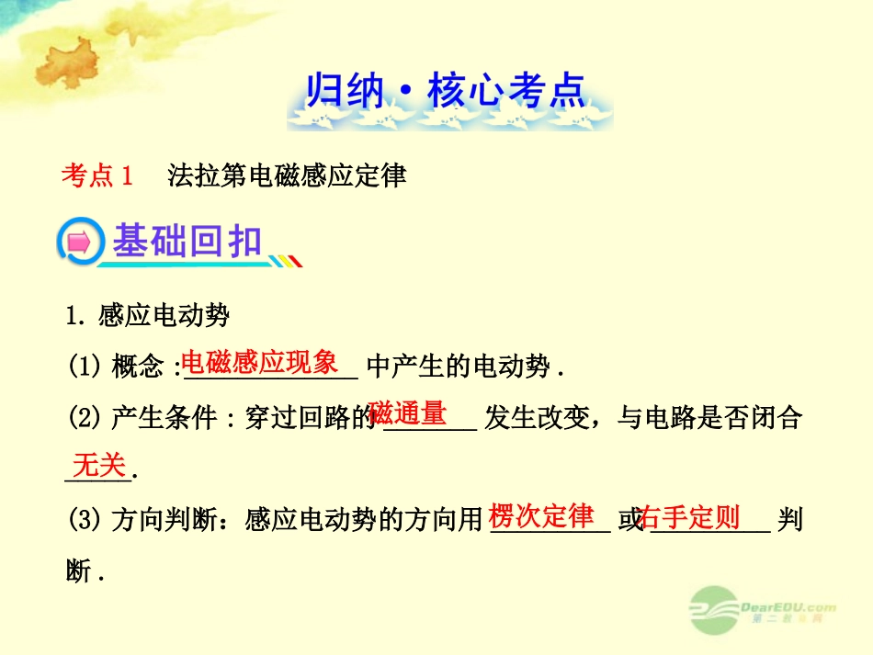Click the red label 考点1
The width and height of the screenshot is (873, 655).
click(x=97, y=175)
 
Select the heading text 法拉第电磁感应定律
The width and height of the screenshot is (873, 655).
click(x=287, y=175)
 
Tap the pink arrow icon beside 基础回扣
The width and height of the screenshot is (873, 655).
click(x=79, y=243)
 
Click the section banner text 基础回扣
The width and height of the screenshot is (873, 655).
click(x=187, y=243)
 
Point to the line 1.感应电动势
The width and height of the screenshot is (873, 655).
click(x=148, y=317)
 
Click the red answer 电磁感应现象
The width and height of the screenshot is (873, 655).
click(x=259, y=362)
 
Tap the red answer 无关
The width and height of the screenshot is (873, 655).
click(x=98, y=466)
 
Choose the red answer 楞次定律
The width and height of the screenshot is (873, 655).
click(x=541, y=516)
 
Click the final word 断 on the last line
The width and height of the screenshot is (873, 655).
click(x=79, y=572)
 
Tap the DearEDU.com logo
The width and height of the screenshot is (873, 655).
click(x=764, y=610)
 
